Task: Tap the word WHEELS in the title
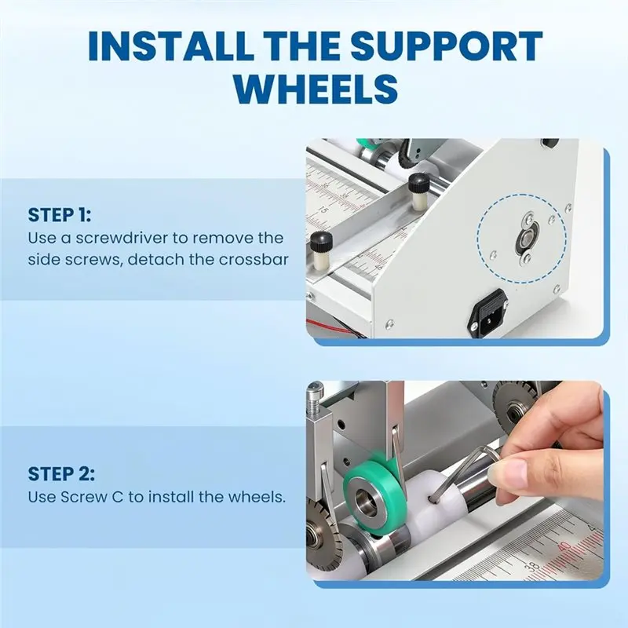[x=316, y=89]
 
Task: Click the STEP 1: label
[x=60, y=215]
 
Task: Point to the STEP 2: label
[x=61, y=474]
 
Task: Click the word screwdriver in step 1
[x=122, y=238]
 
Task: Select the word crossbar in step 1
[x=253, y=260]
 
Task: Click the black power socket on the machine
[x=489, y=309]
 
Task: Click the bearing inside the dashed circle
[x=526, y=239]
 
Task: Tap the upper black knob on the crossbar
[x=419, y=184]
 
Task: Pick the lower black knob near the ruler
[x=321, y=241]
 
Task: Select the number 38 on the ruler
[x=534, y=566]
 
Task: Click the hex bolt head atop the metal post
[x=315, y=388]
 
